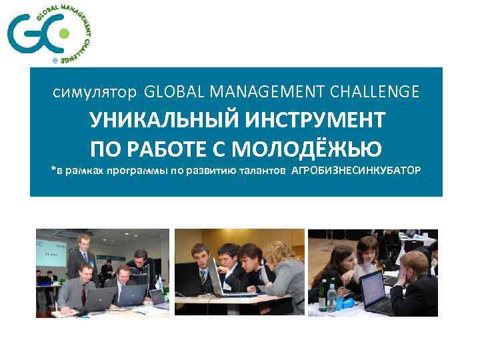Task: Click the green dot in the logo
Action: [x=63, y=33]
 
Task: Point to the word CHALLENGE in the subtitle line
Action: [x=377, y=90]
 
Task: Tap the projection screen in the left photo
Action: [x=52, y=252]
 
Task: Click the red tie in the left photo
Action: [x=83, y=293]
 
